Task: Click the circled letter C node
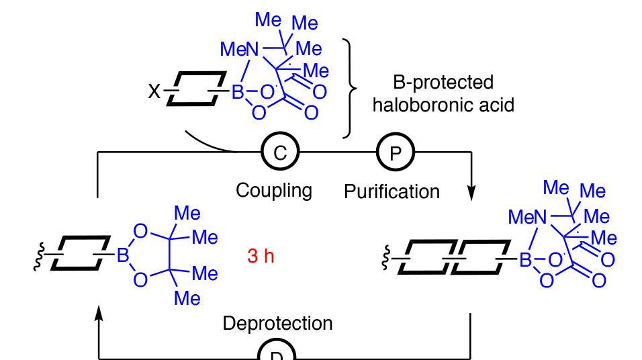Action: (x=279, y=152)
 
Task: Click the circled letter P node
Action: (x=396, y=152)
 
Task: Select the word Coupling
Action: (x=274, y=190)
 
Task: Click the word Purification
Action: (x=392, y=191)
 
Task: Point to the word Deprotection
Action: (x=277, y=323)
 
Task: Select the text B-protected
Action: (x=442, y=83)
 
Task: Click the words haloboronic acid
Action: (x=443, y=105)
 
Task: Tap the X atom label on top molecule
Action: (x=154, y=92)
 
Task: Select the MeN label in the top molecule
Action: (x=240, y=49)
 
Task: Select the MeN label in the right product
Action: (x=527, y=218)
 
